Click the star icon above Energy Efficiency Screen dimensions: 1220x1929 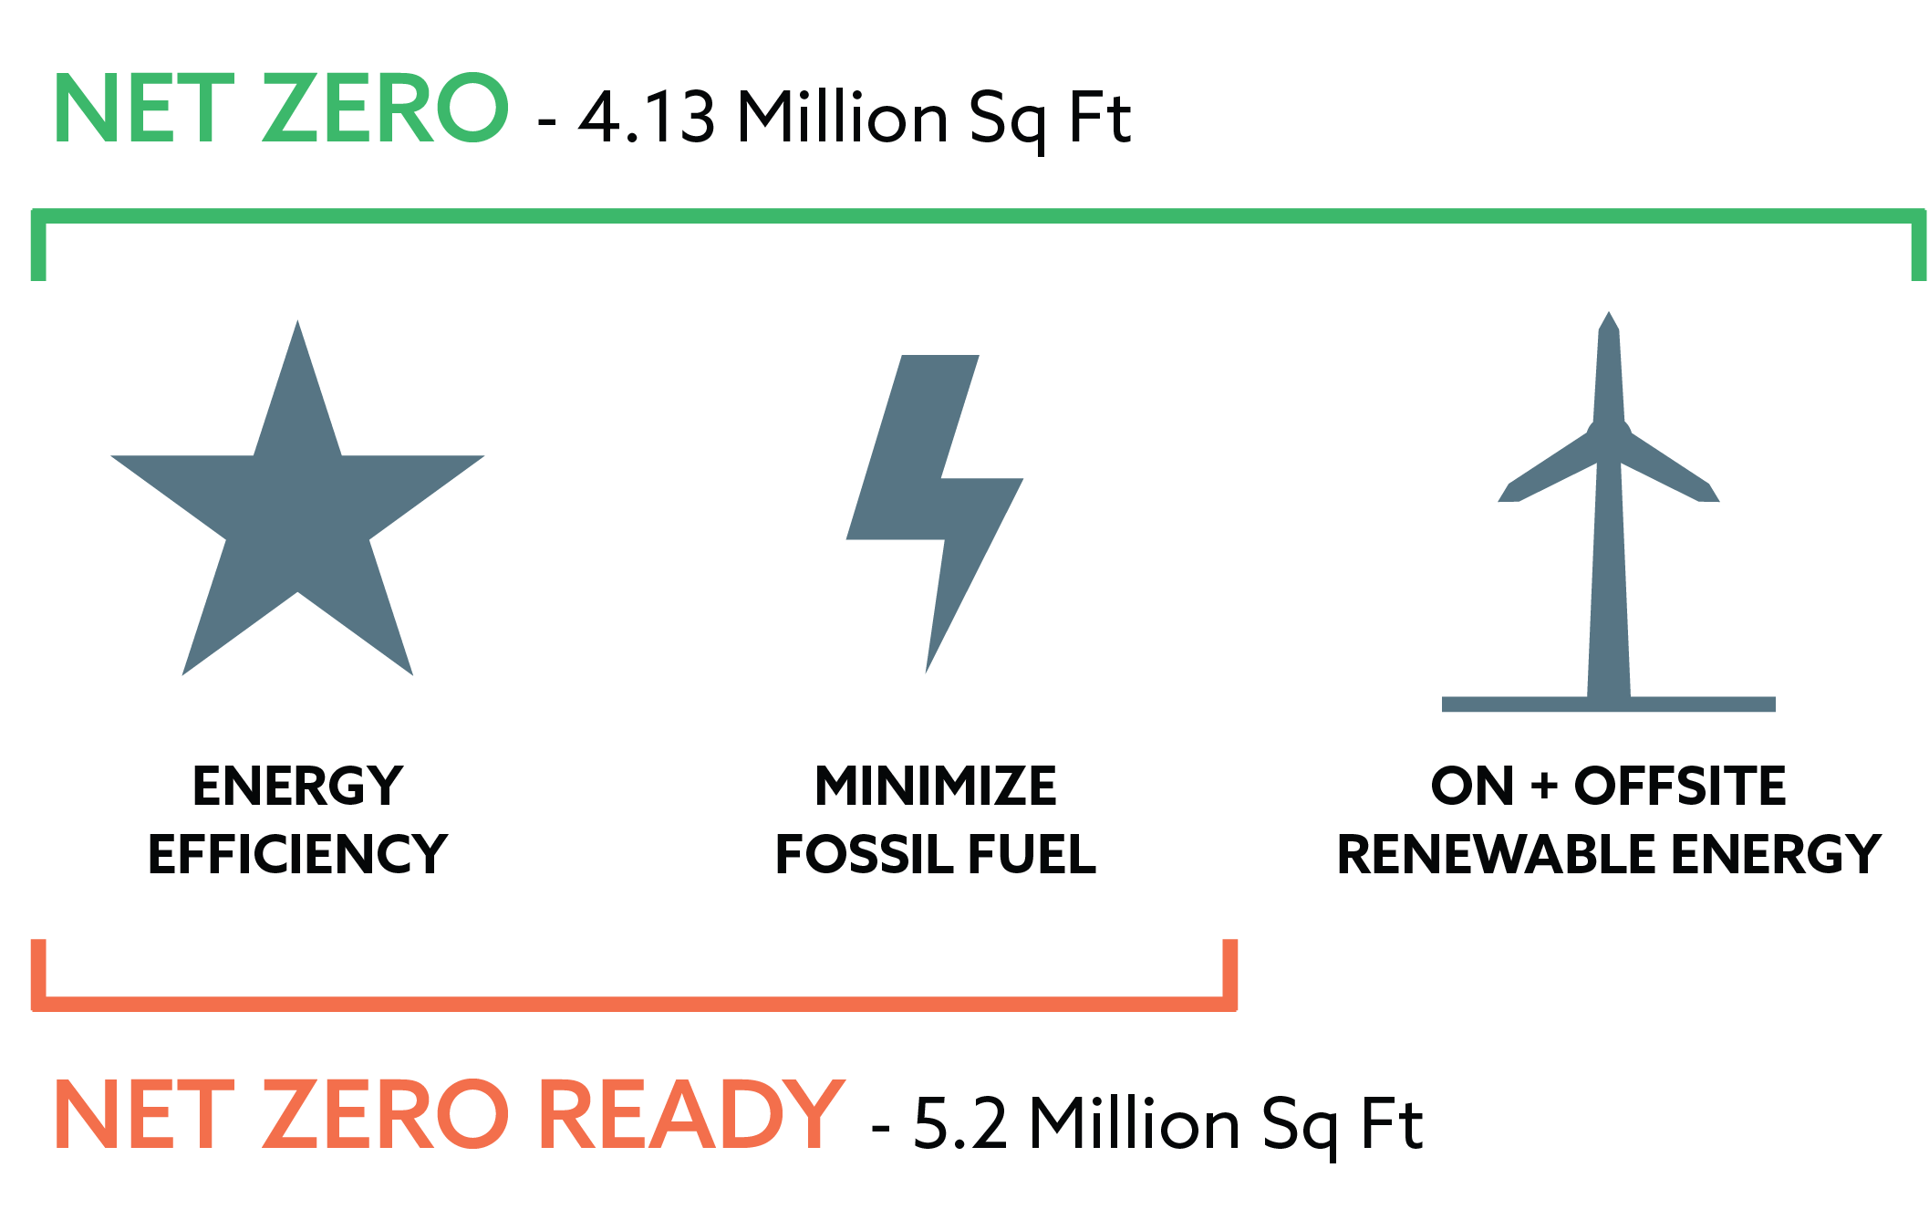pyautogui.click(x=297, y=511)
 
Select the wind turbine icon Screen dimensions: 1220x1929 pyautogui.click(x=1609, y=511)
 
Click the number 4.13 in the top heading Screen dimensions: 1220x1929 pyautogui.click(x=647, y=119)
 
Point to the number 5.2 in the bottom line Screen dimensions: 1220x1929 pyautogui.click(x=959, y=1124)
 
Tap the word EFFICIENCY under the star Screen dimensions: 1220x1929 pyautogui.click(x=297, y=855)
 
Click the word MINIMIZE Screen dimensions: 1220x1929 pyautogui.click(x=936, y=787)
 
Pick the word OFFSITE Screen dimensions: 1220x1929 pyautogui.click(x=1680, y=787)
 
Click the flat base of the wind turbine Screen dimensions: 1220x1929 pyautogui.click(x=1609, y=704)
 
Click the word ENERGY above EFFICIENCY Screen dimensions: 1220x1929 pyautogui.click(x=297, y=787)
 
